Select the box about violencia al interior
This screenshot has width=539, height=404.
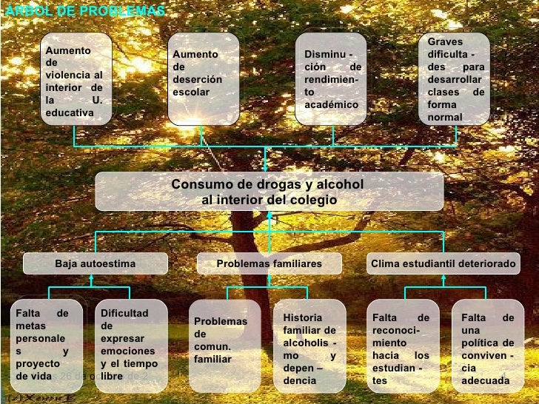coord(74,81)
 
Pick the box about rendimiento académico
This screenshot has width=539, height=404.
coord(332,78)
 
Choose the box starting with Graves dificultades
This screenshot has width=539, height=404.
coord(455,78)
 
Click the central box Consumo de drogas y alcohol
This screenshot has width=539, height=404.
coord(269,192)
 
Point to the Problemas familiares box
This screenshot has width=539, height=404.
coord(269,263)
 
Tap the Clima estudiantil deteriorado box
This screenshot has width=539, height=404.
coord(443,263)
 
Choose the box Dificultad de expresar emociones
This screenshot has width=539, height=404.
coord(129,345)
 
